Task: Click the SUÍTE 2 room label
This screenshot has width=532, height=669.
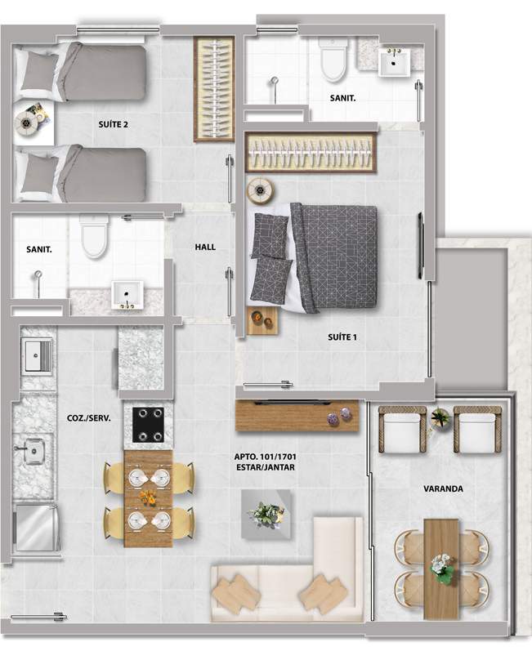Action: pos(113,125)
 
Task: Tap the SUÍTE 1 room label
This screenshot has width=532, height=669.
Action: pos(342,337)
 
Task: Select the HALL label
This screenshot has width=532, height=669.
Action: pos(205,247)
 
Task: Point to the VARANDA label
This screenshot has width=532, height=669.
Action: pos(443,488)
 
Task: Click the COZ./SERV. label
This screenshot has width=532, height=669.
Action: pos(89,418)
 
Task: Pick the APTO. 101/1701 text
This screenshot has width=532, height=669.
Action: pos(265,457)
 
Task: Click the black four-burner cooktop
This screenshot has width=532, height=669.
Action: pos(148,425)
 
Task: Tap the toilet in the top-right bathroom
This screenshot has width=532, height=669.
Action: pos(333,60)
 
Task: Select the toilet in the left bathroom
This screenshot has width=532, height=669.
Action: pos(94,237)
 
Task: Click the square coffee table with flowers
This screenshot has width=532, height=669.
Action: pos(267,514)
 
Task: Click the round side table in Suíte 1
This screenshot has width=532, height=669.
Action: pos(260,189)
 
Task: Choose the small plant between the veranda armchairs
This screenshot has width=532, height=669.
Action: pos(440,417)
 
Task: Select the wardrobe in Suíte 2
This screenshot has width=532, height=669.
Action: pos(214,89)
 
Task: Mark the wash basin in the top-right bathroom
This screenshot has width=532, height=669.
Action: pos(395,61)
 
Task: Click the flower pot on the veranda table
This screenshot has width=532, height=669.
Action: pos(441,569)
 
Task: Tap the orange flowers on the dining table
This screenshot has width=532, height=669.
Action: pos(148,497)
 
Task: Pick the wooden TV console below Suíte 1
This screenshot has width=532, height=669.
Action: pos(297,415)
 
